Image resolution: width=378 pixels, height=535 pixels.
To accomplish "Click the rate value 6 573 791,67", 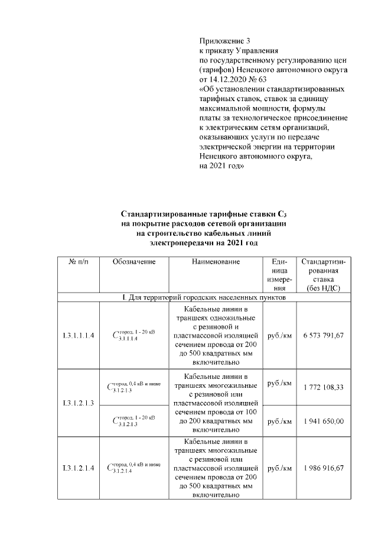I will [322, 336].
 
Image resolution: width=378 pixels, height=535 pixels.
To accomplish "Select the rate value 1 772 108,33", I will [322, 387].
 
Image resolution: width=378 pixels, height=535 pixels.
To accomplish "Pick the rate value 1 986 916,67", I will [322, 468].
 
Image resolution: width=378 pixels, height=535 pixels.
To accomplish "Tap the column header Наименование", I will [216, 261].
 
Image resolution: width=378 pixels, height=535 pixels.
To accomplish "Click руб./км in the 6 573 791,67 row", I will [279, 336].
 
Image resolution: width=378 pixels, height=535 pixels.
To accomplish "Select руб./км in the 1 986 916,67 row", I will [279, 468].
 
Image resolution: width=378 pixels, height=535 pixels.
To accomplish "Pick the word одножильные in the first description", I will [232, 319].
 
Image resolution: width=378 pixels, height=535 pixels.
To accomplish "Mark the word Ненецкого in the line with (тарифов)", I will [260, 70].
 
